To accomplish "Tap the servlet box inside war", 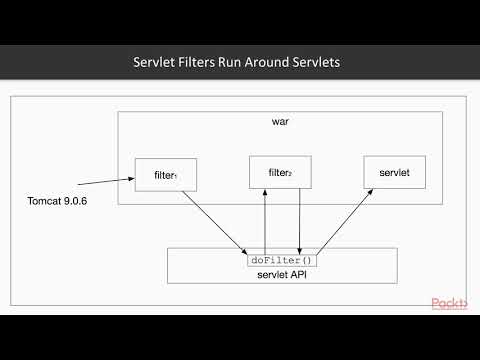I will pos(388,172).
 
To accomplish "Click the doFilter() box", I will pos(280,260).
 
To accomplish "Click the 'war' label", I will pos(280,122).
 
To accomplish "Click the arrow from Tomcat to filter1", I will pos(104,182).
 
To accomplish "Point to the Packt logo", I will pos(449,303).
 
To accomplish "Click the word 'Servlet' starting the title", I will pos(155,62).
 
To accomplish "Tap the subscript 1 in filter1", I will pos(177,176).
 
